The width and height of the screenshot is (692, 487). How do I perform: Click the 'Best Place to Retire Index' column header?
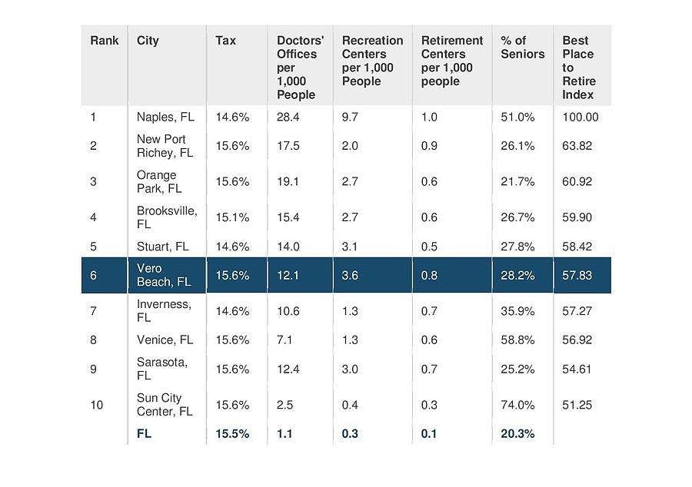pyautogui.click(x=579, y=68)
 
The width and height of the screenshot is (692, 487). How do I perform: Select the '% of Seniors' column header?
pyautogui.click(x=522, y=47)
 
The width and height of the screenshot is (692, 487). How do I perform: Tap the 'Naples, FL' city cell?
pyautogui.click(x=165, y=118)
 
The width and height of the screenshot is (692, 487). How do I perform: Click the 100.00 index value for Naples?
pyautogui.click(x=580, y=118)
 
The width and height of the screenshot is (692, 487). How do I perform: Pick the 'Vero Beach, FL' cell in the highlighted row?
pyautogui.click(x=163, y=275)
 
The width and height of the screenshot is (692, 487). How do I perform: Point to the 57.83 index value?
pyautogui.click(x=577, y=275)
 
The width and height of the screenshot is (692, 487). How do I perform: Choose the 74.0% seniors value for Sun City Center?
pyautogui.click(x=517, y=405)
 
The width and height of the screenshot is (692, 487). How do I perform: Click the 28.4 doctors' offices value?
pyautogui.click(x=288, y=118)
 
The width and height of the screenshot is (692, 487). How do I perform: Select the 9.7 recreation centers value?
pyautogui.click(x=351, y=118)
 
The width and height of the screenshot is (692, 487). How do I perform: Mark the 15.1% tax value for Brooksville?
pyautogui.click(x=232, y=217)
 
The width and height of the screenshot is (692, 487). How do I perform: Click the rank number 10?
pyautogui.click(x=96, y=405)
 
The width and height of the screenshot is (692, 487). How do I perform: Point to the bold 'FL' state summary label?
pyautogui.click(x=145, y=433)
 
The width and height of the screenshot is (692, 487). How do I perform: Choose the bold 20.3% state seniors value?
pyautogui.click(x=517, y=433)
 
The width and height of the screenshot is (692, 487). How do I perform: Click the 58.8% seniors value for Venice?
pyautogui.click(x=517, y=340)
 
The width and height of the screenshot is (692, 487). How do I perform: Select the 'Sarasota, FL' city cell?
pyautogui.click(x=161, y=369)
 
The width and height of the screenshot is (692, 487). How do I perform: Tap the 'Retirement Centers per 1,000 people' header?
pyautogui.click(x=452, y=61)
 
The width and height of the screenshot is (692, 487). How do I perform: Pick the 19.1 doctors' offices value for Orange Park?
pyautogui.click(x=288, y=182)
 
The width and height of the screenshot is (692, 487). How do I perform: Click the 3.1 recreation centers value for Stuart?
pyautogui.click(x=351, y=247)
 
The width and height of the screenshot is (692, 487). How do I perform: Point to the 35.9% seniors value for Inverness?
pyautogui.click(x=517, y=311)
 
